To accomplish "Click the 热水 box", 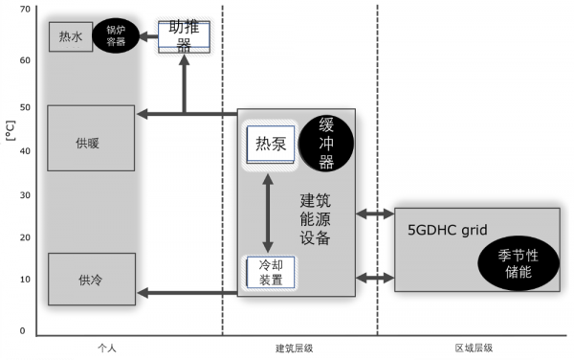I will [71, 37].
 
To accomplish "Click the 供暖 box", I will [91, 144].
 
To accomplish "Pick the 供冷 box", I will [91, 279].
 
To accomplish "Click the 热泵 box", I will [271, 144].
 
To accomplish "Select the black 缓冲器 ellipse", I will [326, 144].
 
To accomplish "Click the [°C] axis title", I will [11, 128].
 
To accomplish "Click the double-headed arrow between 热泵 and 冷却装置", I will [271, 214].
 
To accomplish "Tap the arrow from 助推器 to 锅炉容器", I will [147, 36].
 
